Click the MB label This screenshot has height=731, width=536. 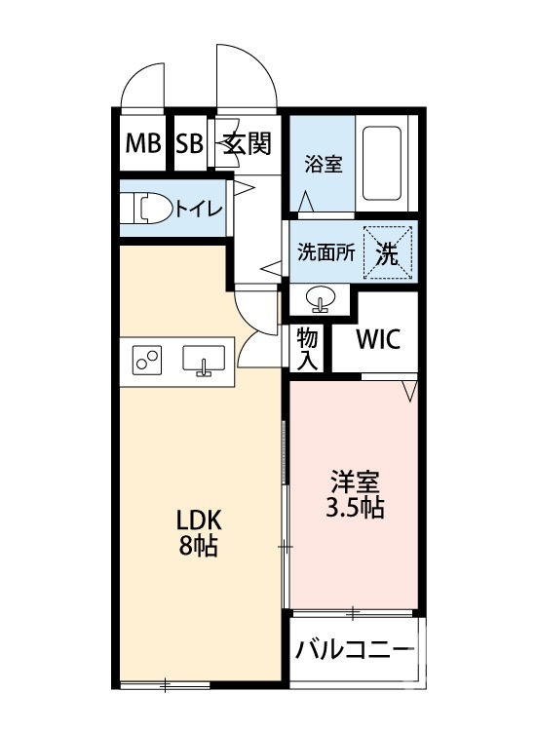pos(143,144)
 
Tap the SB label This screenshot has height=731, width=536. pos(189,144)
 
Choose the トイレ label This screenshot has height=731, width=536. pos(201,209)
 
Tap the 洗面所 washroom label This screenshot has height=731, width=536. pos(325,253)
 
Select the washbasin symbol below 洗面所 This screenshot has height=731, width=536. pos(320,297)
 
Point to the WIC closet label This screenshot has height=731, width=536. pos(377,341)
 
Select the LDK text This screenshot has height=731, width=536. pos(198,519)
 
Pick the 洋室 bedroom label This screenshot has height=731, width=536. pos(355,481)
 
